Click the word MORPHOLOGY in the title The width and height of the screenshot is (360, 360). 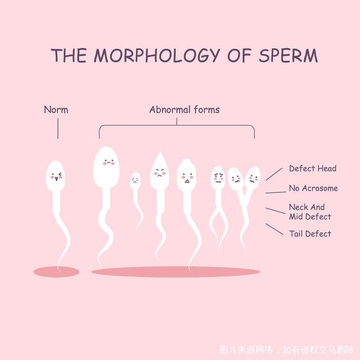coord(157,55)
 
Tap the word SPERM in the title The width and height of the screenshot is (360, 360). coord(289,55)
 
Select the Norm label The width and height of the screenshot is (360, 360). coord(56,110)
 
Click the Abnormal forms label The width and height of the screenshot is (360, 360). coord(184,110)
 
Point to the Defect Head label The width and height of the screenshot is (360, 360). coord(313,168)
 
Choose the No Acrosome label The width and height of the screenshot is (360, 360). coord(313,188)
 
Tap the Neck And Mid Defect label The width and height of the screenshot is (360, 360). coord(310,211)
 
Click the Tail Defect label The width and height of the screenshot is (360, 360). coord(310,234)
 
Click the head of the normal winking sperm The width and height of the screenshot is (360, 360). coord(56,176)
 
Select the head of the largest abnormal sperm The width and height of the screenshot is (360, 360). coord(106,167)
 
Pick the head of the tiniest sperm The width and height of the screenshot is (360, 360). coord(136,181)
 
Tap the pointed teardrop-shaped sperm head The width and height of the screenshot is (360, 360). coord(160,171)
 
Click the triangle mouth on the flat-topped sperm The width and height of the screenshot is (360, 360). coord(187,181)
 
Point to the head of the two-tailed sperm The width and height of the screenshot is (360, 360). coord(218,178)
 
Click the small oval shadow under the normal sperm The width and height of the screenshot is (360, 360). coord(56,272)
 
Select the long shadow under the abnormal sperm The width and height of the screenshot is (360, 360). coord(175,272)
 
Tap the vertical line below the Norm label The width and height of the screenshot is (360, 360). coord(58,129)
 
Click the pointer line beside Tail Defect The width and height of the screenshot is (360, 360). coord(274,229)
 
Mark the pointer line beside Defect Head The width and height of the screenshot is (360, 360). coord(274,174)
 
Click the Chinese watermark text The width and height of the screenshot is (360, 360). coord(287,350)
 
